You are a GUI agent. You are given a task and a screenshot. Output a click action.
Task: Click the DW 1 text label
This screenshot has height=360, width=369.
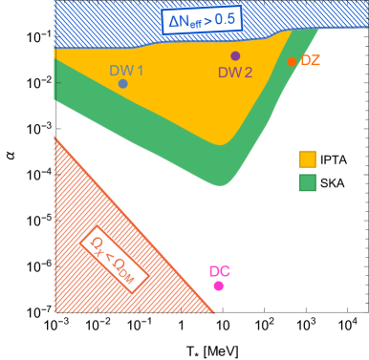pyautogui.click(x=126, y=70)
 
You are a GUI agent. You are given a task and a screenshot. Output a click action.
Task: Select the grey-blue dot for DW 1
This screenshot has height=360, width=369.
pyautogui.click(x=122, y=84)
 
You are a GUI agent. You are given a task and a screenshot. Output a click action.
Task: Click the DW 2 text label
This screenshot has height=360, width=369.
pyautogui.click(x=235, y=73)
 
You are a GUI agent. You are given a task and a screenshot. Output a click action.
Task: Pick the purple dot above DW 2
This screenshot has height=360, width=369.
pyautogui.click(x=235, y=56)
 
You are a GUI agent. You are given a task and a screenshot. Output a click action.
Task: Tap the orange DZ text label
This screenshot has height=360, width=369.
pyautogui.click(x=311, y=61)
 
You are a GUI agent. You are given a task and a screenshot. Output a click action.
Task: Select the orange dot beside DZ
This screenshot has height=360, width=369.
pyautogui.click(x=292, y=62)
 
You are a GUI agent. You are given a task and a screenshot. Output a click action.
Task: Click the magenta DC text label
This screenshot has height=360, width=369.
pyautogui.click(x=219, y=270)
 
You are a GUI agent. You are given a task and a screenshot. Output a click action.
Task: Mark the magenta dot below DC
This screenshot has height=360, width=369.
pyautogui.click(x=219, y=286)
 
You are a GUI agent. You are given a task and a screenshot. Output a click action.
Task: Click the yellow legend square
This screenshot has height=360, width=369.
pyautogui.click(x=307, y=159)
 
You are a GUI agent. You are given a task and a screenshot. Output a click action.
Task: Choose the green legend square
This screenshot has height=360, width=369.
pyautogui.click(x=307, y=182)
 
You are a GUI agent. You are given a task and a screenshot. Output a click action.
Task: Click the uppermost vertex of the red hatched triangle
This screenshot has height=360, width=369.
pyautogui.click(x=55, y=137)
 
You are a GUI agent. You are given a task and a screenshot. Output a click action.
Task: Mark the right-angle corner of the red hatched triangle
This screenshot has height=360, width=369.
pyautogui.click(x=55, y=312)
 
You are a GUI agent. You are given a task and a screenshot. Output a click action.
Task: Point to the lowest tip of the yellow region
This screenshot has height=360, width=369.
pyautogui.click(x=222, y=145)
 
